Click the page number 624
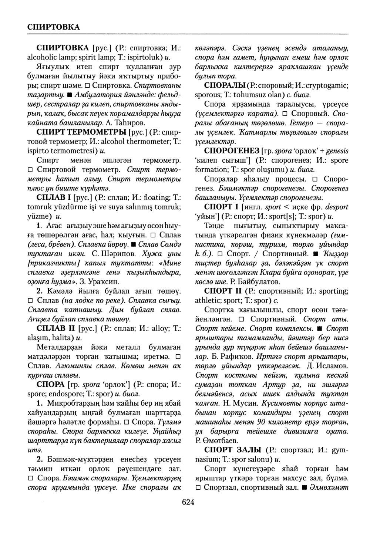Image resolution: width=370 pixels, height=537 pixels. pyautogui.click(x=188, y=502)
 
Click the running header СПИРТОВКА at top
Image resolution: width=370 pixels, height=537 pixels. pyautogui.click(x=54, y=27)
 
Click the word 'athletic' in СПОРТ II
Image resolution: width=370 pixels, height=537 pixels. pyautogui.click(x=208, y=300)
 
